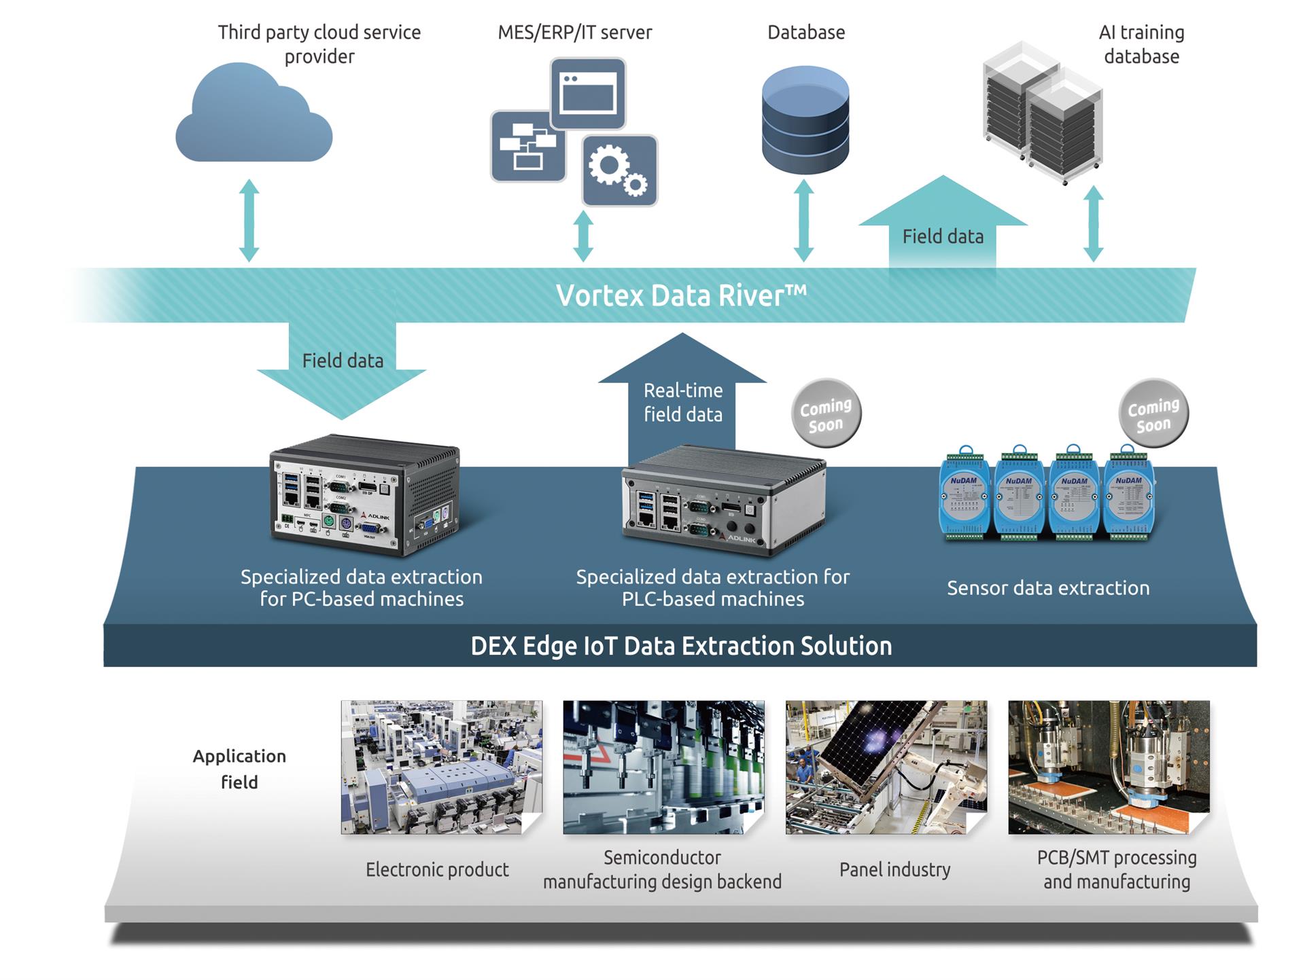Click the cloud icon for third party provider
[253, 117]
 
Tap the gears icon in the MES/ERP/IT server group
[619, 170]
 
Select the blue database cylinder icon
[805, 120]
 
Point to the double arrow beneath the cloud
[249, 221]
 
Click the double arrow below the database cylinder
[804, 221]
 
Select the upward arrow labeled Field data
[943, 224]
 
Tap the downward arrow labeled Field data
[342, 367]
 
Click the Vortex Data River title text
[681, 295]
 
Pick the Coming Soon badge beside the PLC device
[826, 414]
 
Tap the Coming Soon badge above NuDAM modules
[1153, 414]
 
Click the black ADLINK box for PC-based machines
[365, 496]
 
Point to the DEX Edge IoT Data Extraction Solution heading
[681, 646]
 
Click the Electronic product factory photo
[441, 767]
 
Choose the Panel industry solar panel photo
[886, 767]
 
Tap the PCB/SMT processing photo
[1109, 767]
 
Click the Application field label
[239, 769]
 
